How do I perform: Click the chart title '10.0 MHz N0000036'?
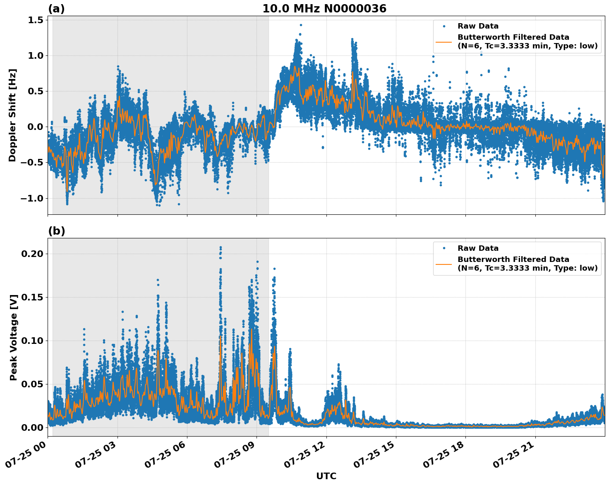point(324,9)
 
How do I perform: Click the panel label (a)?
point(56,9)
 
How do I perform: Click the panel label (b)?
point(56,231)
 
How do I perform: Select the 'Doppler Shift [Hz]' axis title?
point(12,115)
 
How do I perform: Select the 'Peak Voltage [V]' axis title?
point(14,337)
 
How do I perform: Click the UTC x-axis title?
point(326,476)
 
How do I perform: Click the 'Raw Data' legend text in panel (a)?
point(478,26)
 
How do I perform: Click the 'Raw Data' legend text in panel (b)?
point(478,248)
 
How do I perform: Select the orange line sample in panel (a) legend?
point(444,42)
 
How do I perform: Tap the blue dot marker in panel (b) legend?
point(444,248)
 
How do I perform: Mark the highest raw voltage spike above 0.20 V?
point(221,247)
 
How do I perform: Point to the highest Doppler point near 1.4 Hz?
point(301,25)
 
